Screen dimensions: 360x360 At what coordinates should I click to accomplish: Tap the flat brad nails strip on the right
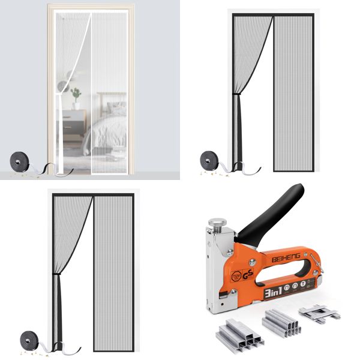[319, 312]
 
